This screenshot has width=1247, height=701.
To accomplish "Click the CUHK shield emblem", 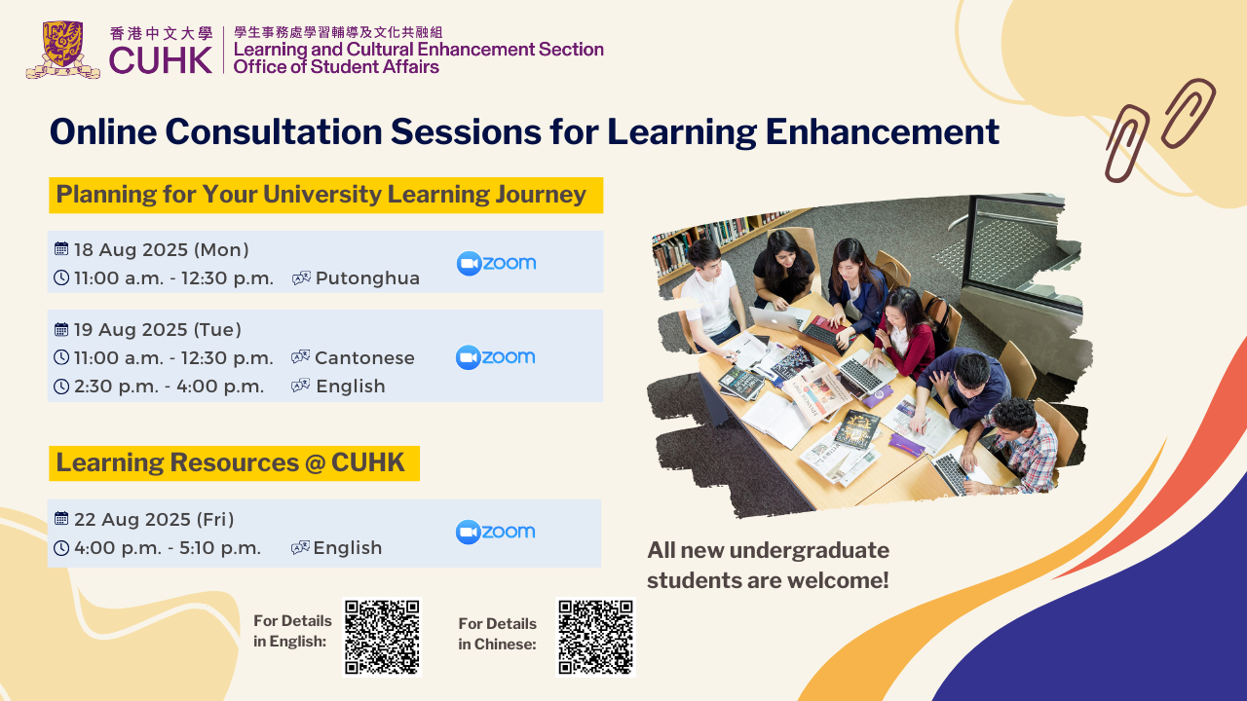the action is pos(62,50).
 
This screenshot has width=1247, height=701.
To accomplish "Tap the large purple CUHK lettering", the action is pos(161,60).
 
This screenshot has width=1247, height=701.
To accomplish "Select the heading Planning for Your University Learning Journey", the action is pos(321,195).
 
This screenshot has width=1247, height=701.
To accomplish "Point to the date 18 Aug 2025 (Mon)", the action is pos(162,250).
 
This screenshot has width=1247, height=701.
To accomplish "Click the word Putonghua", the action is pos(367,278).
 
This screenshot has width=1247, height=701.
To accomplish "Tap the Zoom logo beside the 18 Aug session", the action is pos(496,263).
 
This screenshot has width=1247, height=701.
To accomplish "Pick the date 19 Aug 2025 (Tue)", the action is pos(158,329).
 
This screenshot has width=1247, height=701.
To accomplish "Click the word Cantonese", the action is pos(364,357).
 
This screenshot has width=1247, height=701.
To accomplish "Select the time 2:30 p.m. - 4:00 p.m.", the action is pos(169,387).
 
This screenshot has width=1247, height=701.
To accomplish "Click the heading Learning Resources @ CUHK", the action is pos(231,462).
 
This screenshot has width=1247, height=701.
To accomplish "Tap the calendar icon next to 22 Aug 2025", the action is pos(61,519).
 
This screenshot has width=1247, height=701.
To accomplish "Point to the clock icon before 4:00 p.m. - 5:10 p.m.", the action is pos(61,548).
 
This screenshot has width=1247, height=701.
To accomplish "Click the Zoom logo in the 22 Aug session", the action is pos(496,532).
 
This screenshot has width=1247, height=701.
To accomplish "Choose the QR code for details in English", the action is pos(382,637).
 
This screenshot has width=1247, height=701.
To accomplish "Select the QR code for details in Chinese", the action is pos(595,637).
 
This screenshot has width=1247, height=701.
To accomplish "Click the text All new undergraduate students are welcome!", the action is pos(769,566).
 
